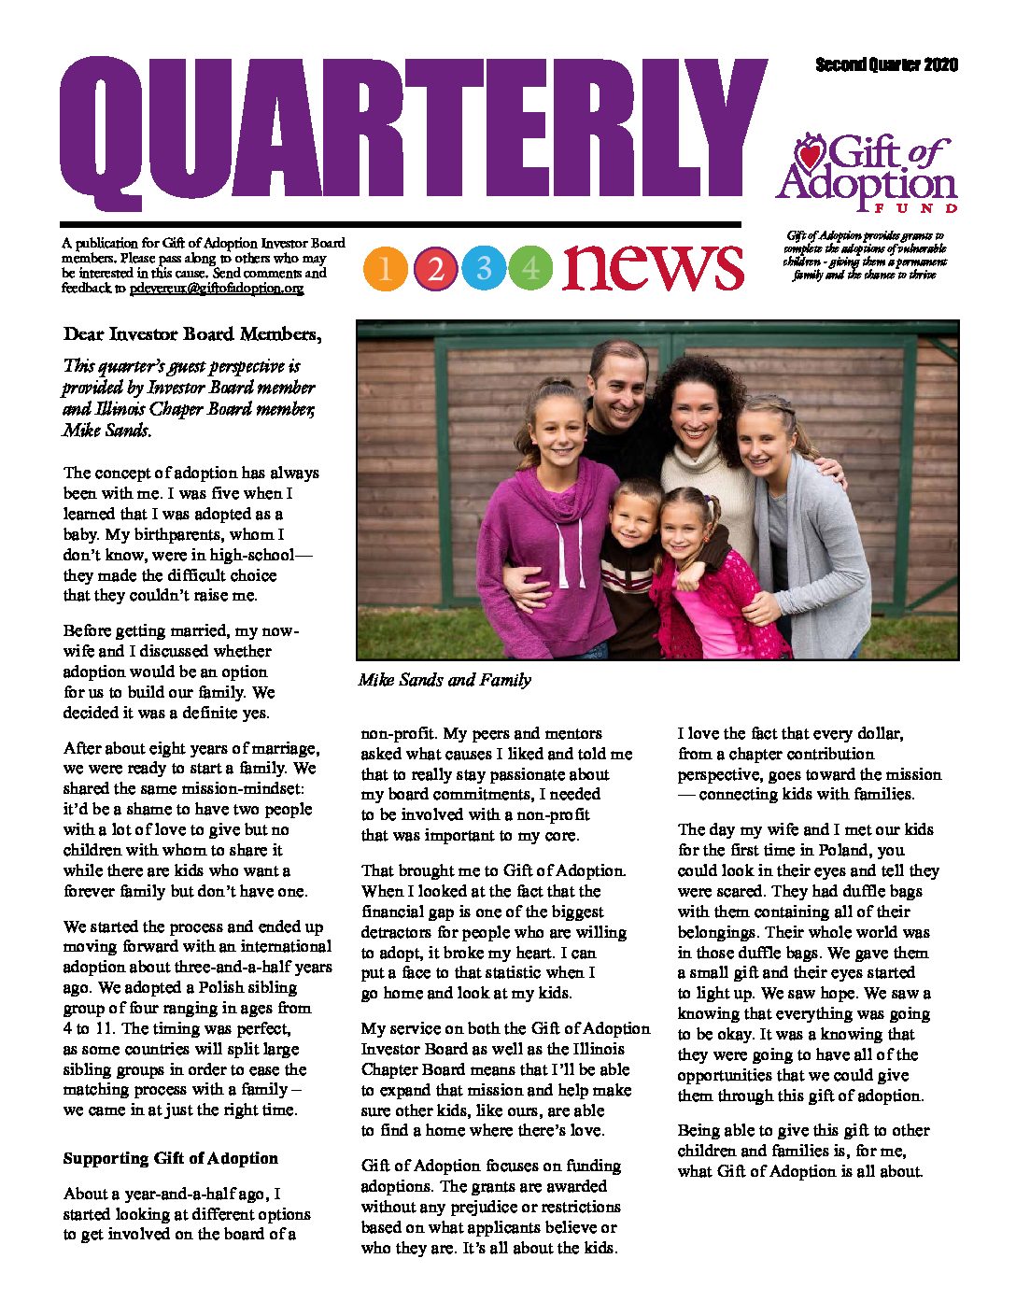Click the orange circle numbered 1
click(387, 269)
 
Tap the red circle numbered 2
click(435, 269)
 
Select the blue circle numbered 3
click(483, 269)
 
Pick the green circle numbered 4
click(530, 269)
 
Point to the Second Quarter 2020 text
click(886, 64)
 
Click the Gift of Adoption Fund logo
click(867, 173)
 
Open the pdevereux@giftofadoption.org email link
click(217, 289)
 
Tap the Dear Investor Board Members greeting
click(192, 334)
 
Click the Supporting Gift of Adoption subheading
click(170, 1158)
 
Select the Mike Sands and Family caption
click(444, 680)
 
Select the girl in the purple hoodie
click(556, 523)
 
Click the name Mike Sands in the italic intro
click(106, 431)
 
